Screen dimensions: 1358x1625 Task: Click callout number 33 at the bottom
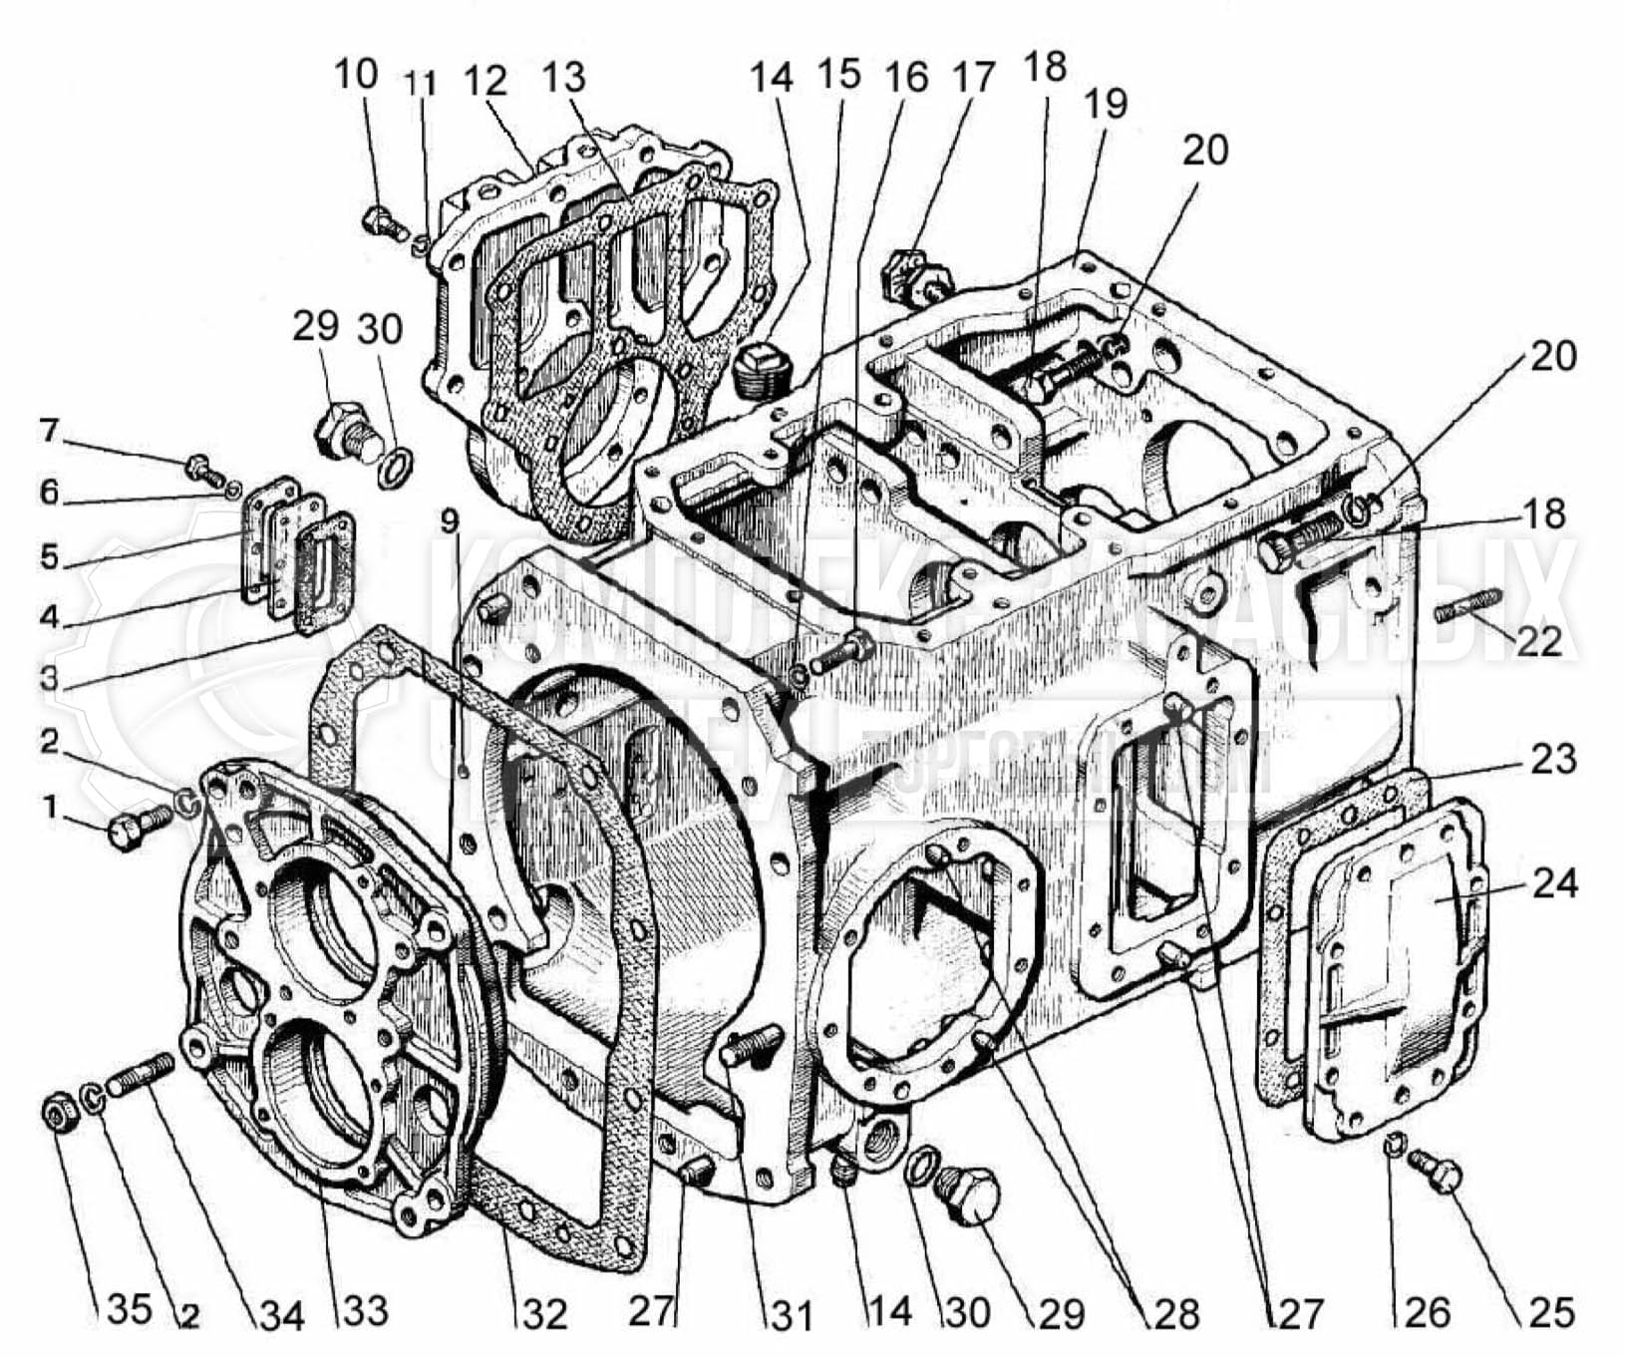pyautogui.click(x=365, y=1310)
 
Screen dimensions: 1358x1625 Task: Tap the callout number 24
pyautogui.click(x=1554, y=882)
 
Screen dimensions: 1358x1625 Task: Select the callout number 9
pyautogui.click(x=451, y=520)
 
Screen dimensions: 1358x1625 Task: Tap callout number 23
pyautogui.click(x=1554, y=759)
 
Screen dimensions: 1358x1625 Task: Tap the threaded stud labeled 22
pyautogui.click(x=1467, y=605)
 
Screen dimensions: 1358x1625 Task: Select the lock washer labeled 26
pyautogui.click(x=1395, y=1148)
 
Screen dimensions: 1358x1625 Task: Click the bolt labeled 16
pyautogui.click(x=842, y=651)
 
